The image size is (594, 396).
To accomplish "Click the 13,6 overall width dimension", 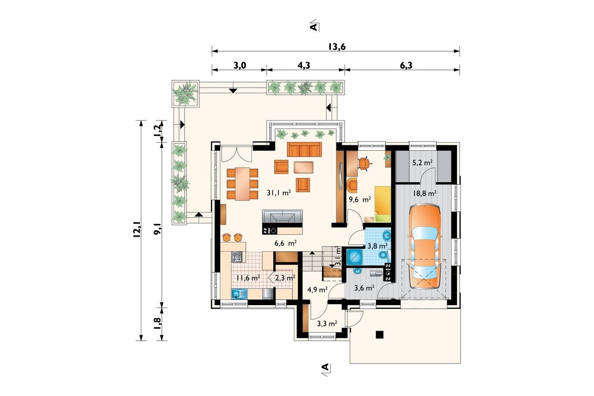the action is pyautogui.click(x=337, y=47).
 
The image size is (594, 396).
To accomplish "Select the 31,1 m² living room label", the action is pyautogui.click(x=279, y=193).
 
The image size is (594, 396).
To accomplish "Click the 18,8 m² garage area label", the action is pyautogui.click(x=424, y=194).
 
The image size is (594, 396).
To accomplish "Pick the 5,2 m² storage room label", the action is pyautogui.click(x=423, y=163).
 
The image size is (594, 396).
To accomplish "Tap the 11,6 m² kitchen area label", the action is pyautogui.click(x=62, y=278).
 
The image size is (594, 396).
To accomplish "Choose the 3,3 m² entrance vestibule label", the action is pyautogui.click(x=327, y=324).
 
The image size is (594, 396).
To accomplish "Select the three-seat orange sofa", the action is pyautogui.click(x=304, y=149).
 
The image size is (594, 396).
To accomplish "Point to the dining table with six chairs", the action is pyautogui.click(x=242, y=184).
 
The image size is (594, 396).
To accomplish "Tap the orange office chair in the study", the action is pyautogui.click(x=363, y=164).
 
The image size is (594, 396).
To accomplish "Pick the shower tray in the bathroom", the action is pyautogui.click(x=355, y=257).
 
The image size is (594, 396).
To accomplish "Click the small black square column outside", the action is pyautogui.click(x=380, y=334).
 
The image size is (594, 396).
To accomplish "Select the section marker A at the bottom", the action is pyautogui.click(x=325, y=367).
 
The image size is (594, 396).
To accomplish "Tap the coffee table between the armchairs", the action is pyautogui.click(x=304, y=167).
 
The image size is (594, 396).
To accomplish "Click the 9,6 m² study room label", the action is pyautogui.click(x=360, y=200).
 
